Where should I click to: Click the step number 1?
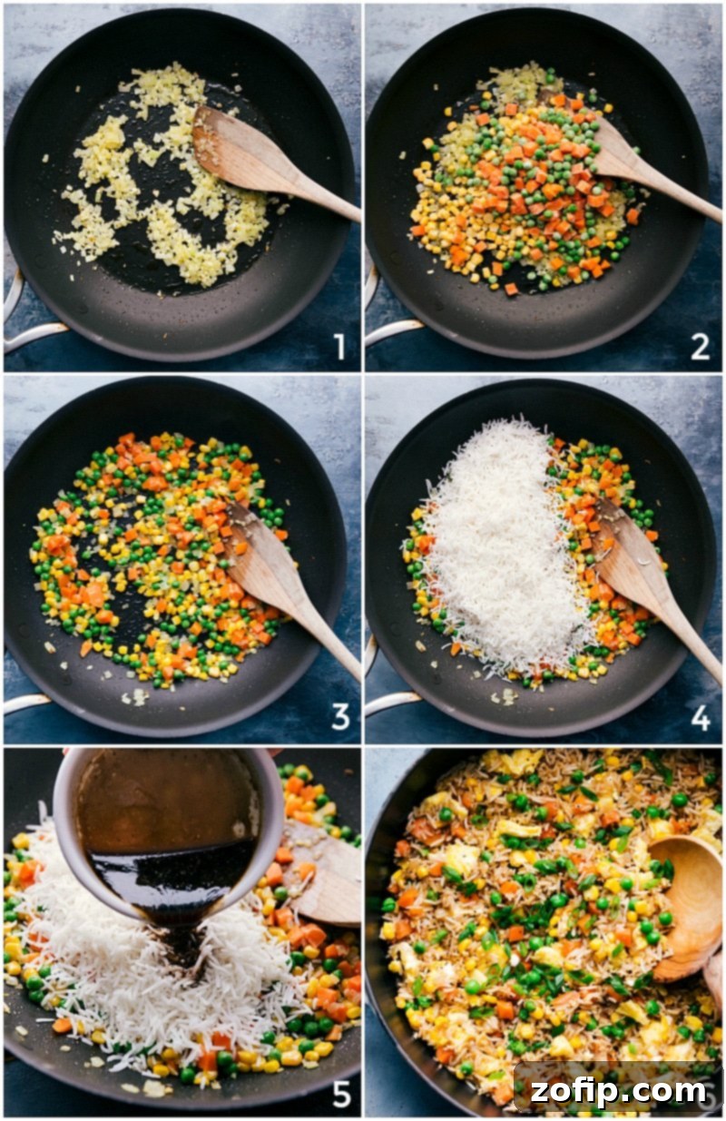[339, 346]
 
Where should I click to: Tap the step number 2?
[700, 346]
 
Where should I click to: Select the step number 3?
[339, 716]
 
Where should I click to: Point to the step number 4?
[700, 716]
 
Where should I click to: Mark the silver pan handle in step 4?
[386, 694]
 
